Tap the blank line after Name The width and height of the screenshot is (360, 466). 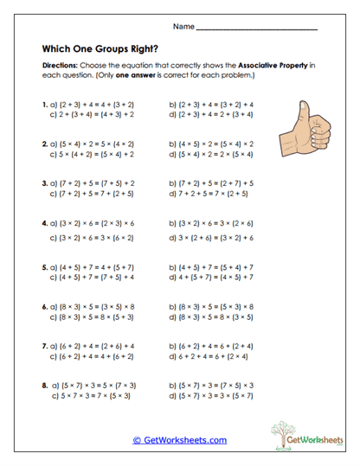point(257,29)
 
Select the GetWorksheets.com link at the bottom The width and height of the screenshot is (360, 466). point(180,440)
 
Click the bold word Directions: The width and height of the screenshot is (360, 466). point(61,66)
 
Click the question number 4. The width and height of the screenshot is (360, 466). point(45,222)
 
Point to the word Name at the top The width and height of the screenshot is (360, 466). point(183,27)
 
